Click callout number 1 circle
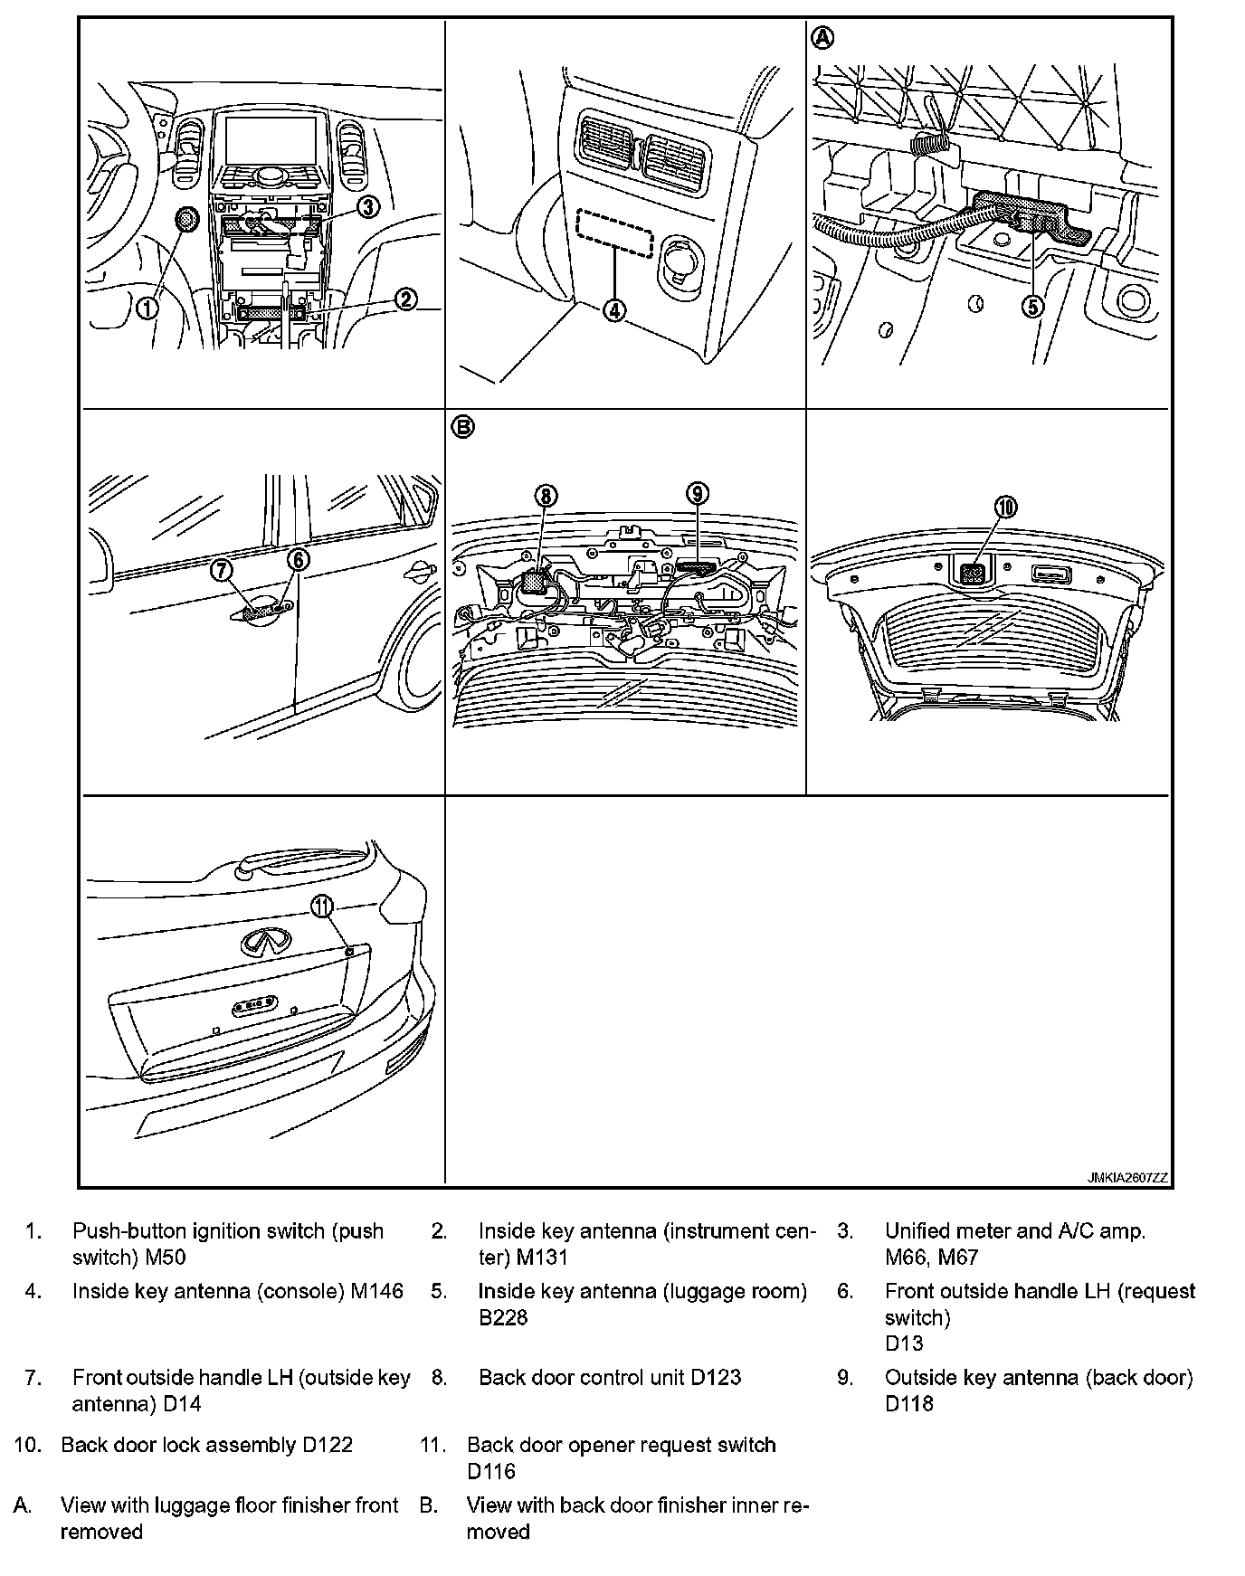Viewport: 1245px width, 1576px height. (x=147, y=308)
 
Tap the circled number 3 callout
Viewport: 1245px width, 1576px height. (x=367, y=207)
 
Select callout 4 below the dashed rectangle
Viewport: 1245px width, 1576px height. (x=614, y=310)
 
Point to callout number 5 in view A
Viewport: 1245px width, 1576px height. (x=1032, y=307)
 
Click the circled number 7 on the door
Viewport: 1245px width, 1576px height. (x=223, y=570)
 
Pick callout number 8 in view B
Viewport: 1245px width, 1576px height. (x=546, y=495)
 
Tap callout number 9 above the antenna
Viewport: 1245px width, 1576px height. (x=697, y=493)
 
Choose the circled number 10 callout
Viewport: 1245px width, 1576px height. (x=1006, y=507)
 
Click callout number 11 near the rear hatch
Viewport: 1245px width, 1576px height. (x=322, y=905)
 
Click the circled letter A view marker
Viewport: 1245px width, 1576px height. (x=822, y=39)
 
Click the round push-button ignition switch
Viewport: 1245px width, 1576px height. (x=185, y=220)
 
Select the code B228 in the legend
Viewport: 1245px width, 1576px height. (x=503, y=1317)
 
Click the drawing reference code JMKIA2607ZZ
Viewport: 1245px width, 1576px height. (x=1127, y=1178)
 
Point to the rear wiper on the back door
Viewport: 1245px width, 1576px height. (x=299, y=859)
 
